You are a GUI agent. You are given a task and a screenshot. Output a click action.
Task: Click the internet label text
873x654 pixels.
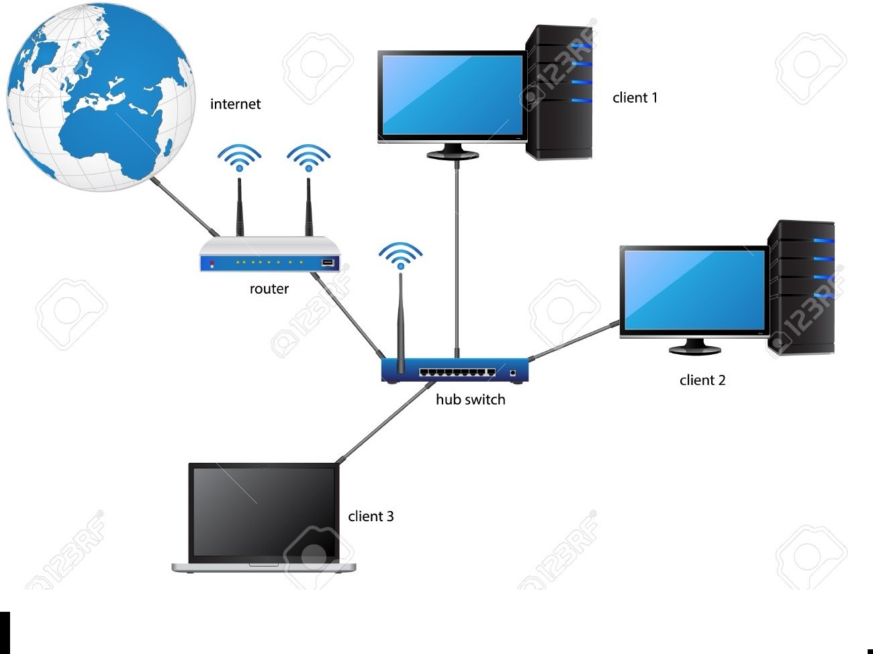[x=235, y=104]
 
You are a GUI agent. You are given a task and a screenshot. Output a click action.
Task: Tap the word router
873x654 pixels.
[x=269, y=289]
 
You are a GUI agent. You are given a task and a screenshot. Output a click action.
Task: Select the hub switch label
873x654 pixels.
[x=470, y=400]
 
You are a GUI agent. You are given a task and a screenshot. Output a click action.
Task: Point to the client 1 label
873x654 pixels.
[x=635, y=98]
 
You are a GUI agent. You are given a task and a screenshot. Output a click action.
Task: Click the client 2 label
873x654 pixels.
[x=702, y=380]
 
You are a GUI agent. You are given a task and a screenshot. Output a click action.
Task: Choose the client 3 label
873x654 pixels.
[x=371, y=516]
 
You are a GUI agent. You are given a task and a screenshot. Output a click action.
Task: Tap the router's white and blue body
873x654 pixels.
[x=269, y=256]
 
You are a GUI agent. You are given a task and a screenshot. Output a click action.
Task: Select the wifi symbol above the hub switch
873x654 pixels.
[x=400, y=254]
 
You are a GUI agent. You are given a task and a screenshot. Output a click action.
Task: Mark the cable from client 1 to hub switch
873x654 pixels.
[x=457, y=255]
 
